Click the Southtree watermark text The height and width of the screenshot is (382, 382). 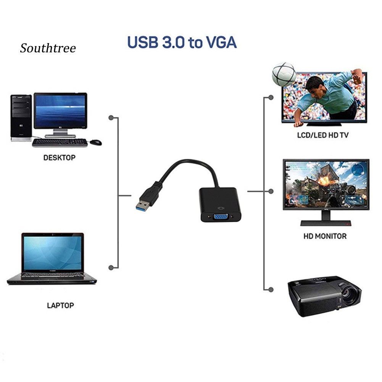[x=48, y=48]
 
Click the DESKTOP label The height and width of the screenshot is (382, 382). [x=59, y=157]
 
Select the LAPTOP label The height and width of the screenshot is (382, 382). [x=60, y=305]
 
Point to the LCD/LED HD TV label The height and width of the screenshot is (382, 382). [x=322, y=135]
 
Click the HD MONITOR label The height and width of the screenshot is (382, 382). [x=325, y=236]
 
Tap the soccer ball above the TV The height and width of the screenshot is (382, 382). [x=284, y=74]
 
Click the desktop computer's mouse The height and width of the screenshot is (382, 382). [x=95, y=142]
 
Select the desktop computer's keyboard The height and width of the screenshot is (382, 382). [x=60, y=143]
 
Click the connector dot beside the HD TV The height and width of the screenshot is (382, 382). [x=271, y=97]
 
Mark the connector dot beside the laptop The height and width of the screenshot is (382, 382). [x=111, y=268]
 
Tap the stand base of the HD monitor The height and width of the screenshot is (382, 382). [x=326, y=223]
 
